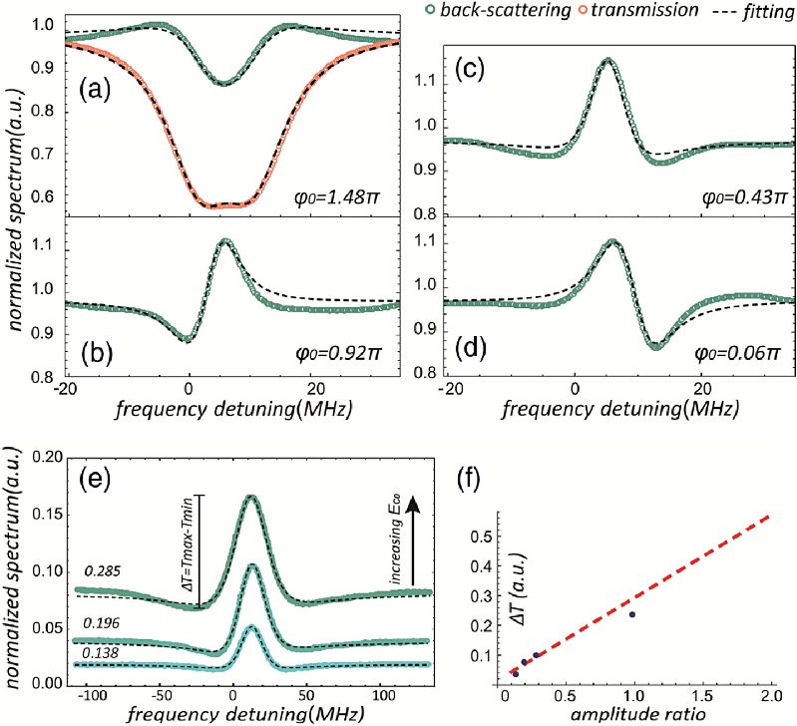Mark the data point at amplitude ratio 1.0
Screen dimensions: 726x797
631,614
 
